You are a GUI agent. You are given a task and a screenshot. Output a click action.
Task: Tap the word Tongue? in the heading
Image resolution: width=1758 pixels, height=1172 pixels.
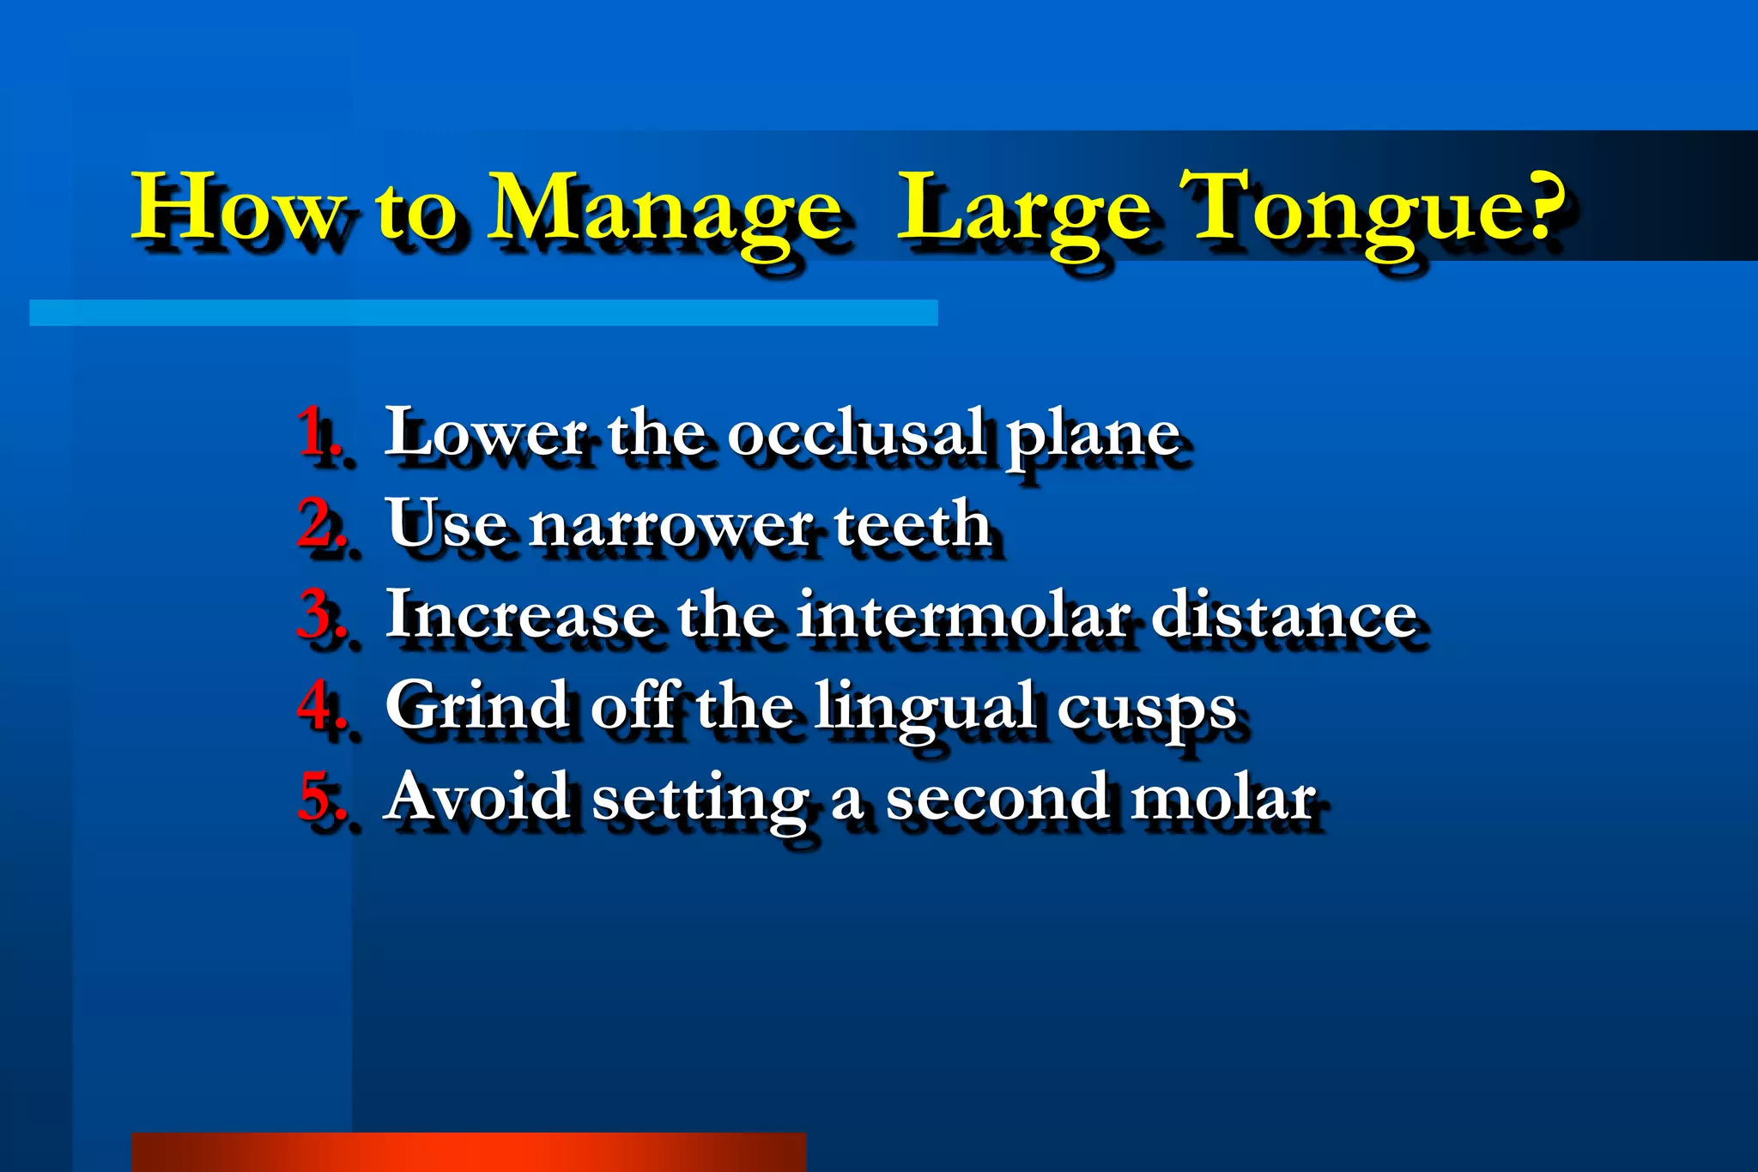(x=1374, y=208)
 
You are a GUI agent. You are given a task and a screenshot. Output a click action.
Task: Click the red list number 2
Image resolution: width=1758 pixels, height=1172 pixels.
(x=317, y=523)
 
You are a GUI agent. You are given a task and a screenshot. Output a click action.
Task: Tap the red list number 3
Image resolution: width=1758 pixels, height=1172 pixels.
(x=317, y=614)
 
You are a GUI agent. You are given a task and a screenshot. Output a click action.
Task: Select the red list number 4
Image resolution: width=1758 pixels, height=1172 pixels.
(x=317, y=705)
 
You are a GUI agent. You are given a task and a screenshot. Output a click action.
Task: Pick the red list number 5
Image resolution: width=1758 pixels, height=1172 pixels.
(x=317, y=796)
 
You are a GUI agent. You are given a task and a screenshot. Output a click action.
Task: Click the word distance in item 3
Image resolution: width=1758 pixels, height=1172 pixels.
(x=1282, y=614)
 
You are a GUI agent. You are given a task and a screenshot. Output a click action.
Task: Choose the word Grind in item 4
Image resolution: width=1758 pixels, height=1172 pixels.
(x=477, y=705)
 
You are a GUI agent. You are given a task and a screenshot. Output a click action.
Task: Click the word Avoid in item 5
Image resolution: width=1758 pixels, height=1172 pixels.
(x=477, y=796)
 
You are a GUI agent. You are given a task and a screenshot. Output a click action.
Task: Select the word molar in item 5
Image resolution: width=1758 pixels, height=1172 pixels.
(x=1222, y=796)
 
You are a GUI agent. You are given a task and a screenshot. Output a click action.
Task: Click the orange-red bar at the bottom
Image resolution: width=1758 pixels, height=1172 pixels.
(x=468, y=1151)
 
